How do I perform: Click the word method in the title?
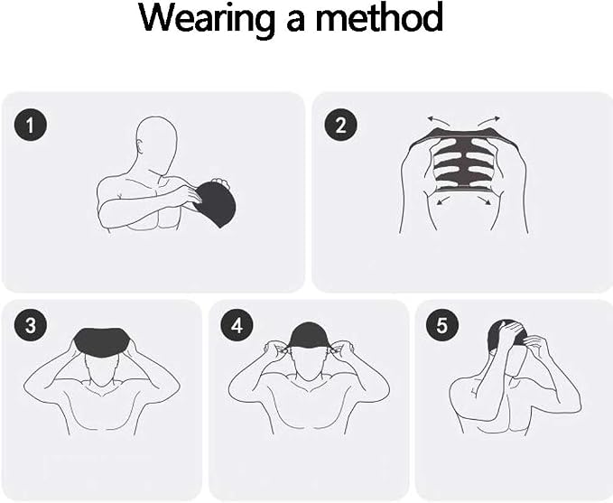pyautogui.click(x=379, y=17)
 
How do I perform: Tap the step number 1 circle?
pyautogui.click(x=31, y=126)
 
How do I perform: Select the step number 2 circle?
pyautogui.click(x=341, y=126)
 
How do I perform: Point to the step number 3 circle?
pyautogui.click(x=31, y=325)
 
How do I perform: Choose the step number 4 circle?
pyautogui.click(x=237, y=325)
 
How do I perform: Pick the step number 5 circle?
pyautogui.click(x=441, y=325)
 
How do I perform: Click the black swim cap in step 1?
pyautogui.click(x=216, y=203)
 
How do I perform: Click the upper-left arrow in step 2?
pyautogui.click(x=436, y=120)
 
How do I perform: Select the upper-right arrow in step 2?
pyautogui.click(x=488, y=120)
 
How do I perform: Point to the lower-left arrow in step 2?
pyautogui.click(x=442, y=201)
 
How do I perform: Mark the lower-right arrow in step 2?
pyautogui.click(x=484, y=200)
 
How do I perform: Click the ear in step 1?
pyautogui.click(x=139, y=146)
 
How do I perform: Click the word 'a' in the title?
pyautogui.click(x=295, y=23)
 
